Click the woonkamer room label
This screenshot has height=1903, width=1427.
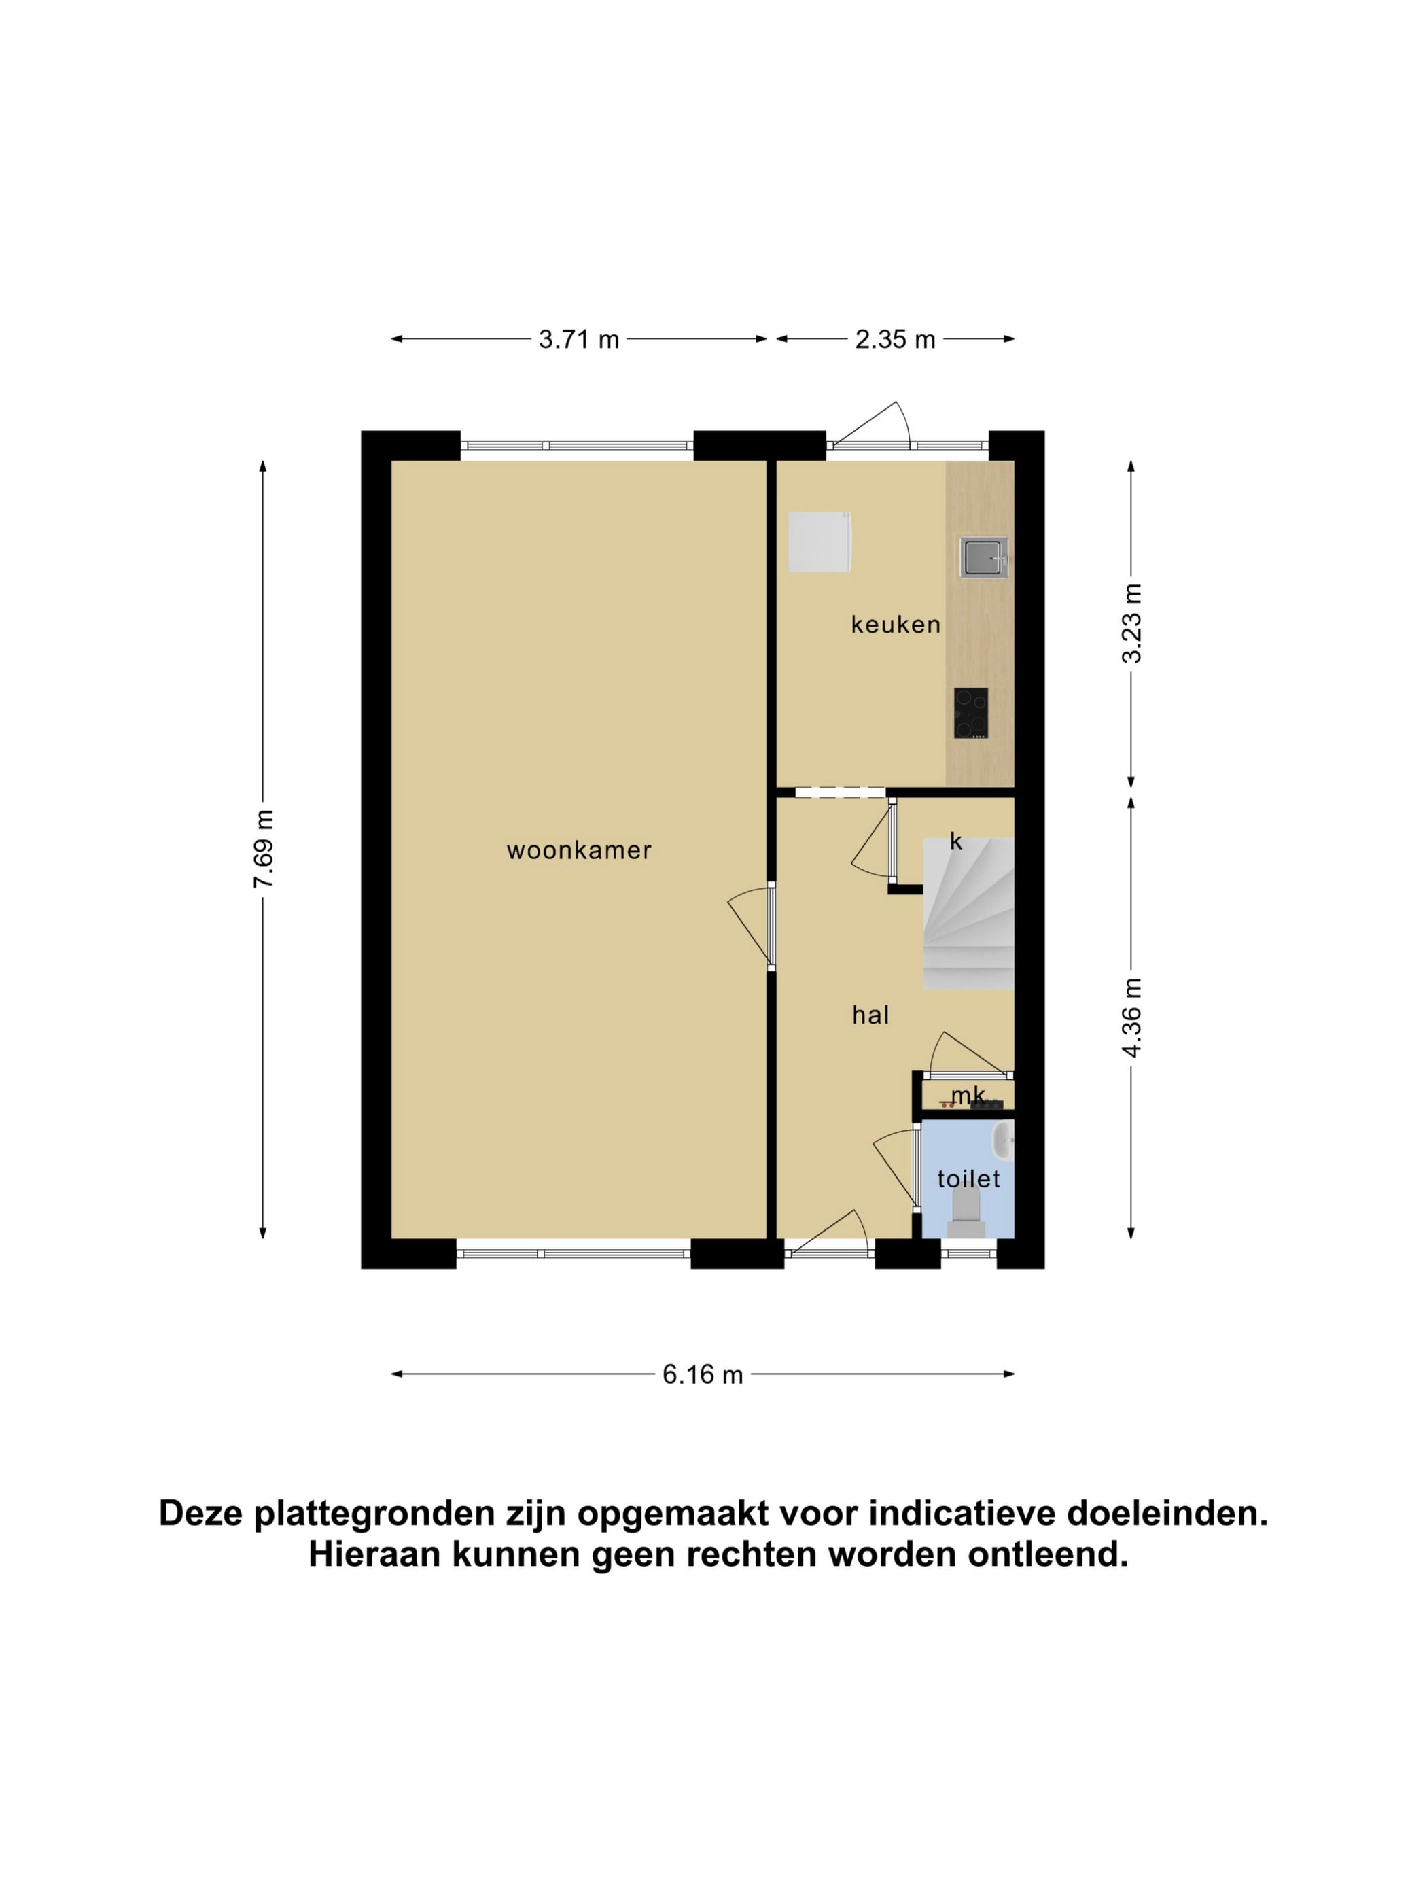click(x=579, y=851)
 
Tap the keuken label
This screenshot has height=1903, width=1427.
click(x=896, y=625)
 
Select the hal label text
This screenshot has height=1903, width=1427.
click(x=870, y=1015)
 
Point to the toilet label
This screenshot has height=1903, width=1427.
click(x=968, y=1179)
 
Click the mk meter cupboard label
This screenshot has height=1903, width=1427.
click(x=968, y=1095)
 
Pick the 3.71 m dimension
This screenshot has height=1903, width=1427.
click(x=579, y=339)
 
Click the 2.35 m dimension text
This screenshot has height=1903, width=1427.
click(x=894, y=339)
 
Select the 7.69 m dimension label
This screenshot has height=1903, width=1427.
click(x=263, y=849)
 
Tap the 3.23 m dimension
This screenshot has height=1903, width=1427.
click(x=1132, y=624)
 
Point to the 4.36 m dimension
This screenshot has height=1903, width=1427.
click(x=1132, y=1017)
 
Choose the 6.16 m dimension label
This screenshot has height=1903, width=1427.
click(x=702, y=1374)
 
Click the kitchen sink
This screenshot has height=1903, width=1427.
click(x=984, y=557)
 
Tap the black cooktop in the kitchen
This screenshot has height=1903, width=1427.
click(x=970, y=713)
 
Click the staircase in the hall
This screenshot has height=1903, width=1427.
click(x=968, y=913)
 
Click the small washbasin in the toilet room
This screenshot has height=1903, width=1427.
click(x=1003, y=1140)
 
